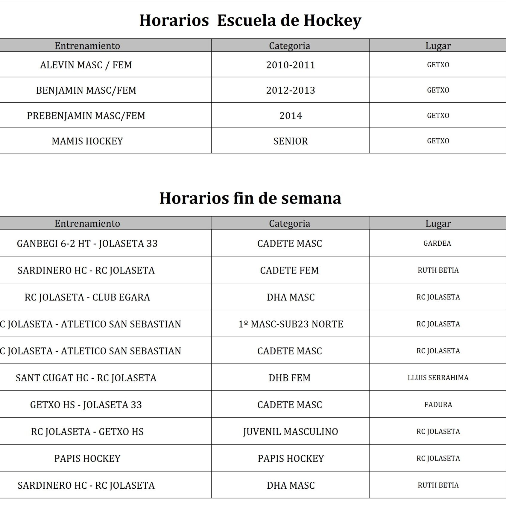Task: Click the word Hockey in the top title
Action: click(332, 21)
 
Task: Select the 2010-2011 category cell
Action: click(291, 65)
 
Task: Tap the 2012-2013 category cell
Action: click(291, 90)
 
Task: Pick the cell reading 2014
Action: click(291, 116)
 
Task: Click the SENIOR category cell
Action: click(291, 141)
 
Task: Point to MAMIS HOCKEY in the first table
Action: click(87, 141)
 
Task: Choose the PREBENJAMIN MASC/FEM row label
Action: click(86, 116)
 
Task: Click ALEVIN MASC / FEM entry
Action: click(86, 65)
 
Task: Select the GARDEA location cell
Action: click(437, 243)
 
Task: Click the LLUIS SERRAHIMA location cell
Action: click(438, 378)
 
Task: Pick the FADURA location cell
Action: click(438, 405)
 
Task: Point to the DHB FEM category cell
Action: click(290, 378)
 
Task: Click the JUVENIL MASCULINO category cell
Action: click(291, 431)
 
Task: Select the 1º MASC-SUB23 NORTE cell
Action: click(291, 324)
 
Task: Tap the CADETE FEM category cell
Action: click(290, 271)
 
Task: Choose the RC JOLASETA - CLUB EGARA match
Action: click(87, 297)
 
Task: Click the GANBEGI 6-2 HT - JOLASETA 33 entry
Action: click(87, 244)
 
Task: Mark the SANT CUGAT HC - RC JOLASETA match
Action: click(86, 378)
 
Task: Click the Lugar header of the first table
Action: click(438, 46)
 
